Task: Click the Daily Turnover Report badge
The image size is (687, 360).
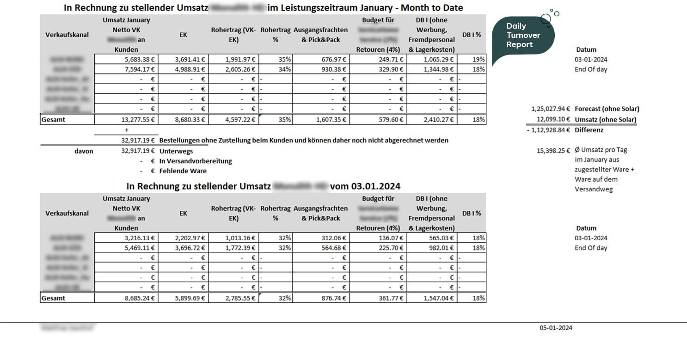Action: [522, 36]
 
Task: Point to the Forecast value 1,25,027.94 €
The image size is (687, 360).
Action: [551, 109]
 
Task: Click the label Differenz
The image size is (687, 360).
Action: [589, 130]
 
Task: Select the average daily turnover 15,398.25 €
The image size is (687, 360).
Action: [553, 150]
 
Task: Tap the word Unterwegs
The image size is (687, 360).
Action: [176, 151]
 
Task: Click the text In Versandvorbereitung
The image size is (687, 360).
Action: [196, 161]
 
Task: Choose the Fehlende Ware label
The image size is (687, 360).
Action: [183, 171]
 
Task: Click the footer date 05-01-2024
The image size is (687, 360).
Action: [556, 328]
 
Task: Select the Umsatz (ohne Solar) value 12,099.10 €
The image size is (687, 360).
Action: [553, 120]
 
